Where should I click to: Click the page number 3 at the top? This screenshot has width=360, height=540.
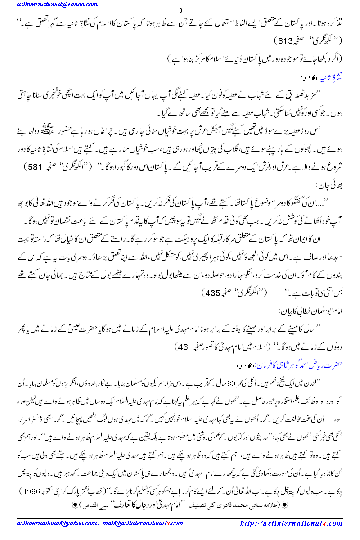tap(180, 11)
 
